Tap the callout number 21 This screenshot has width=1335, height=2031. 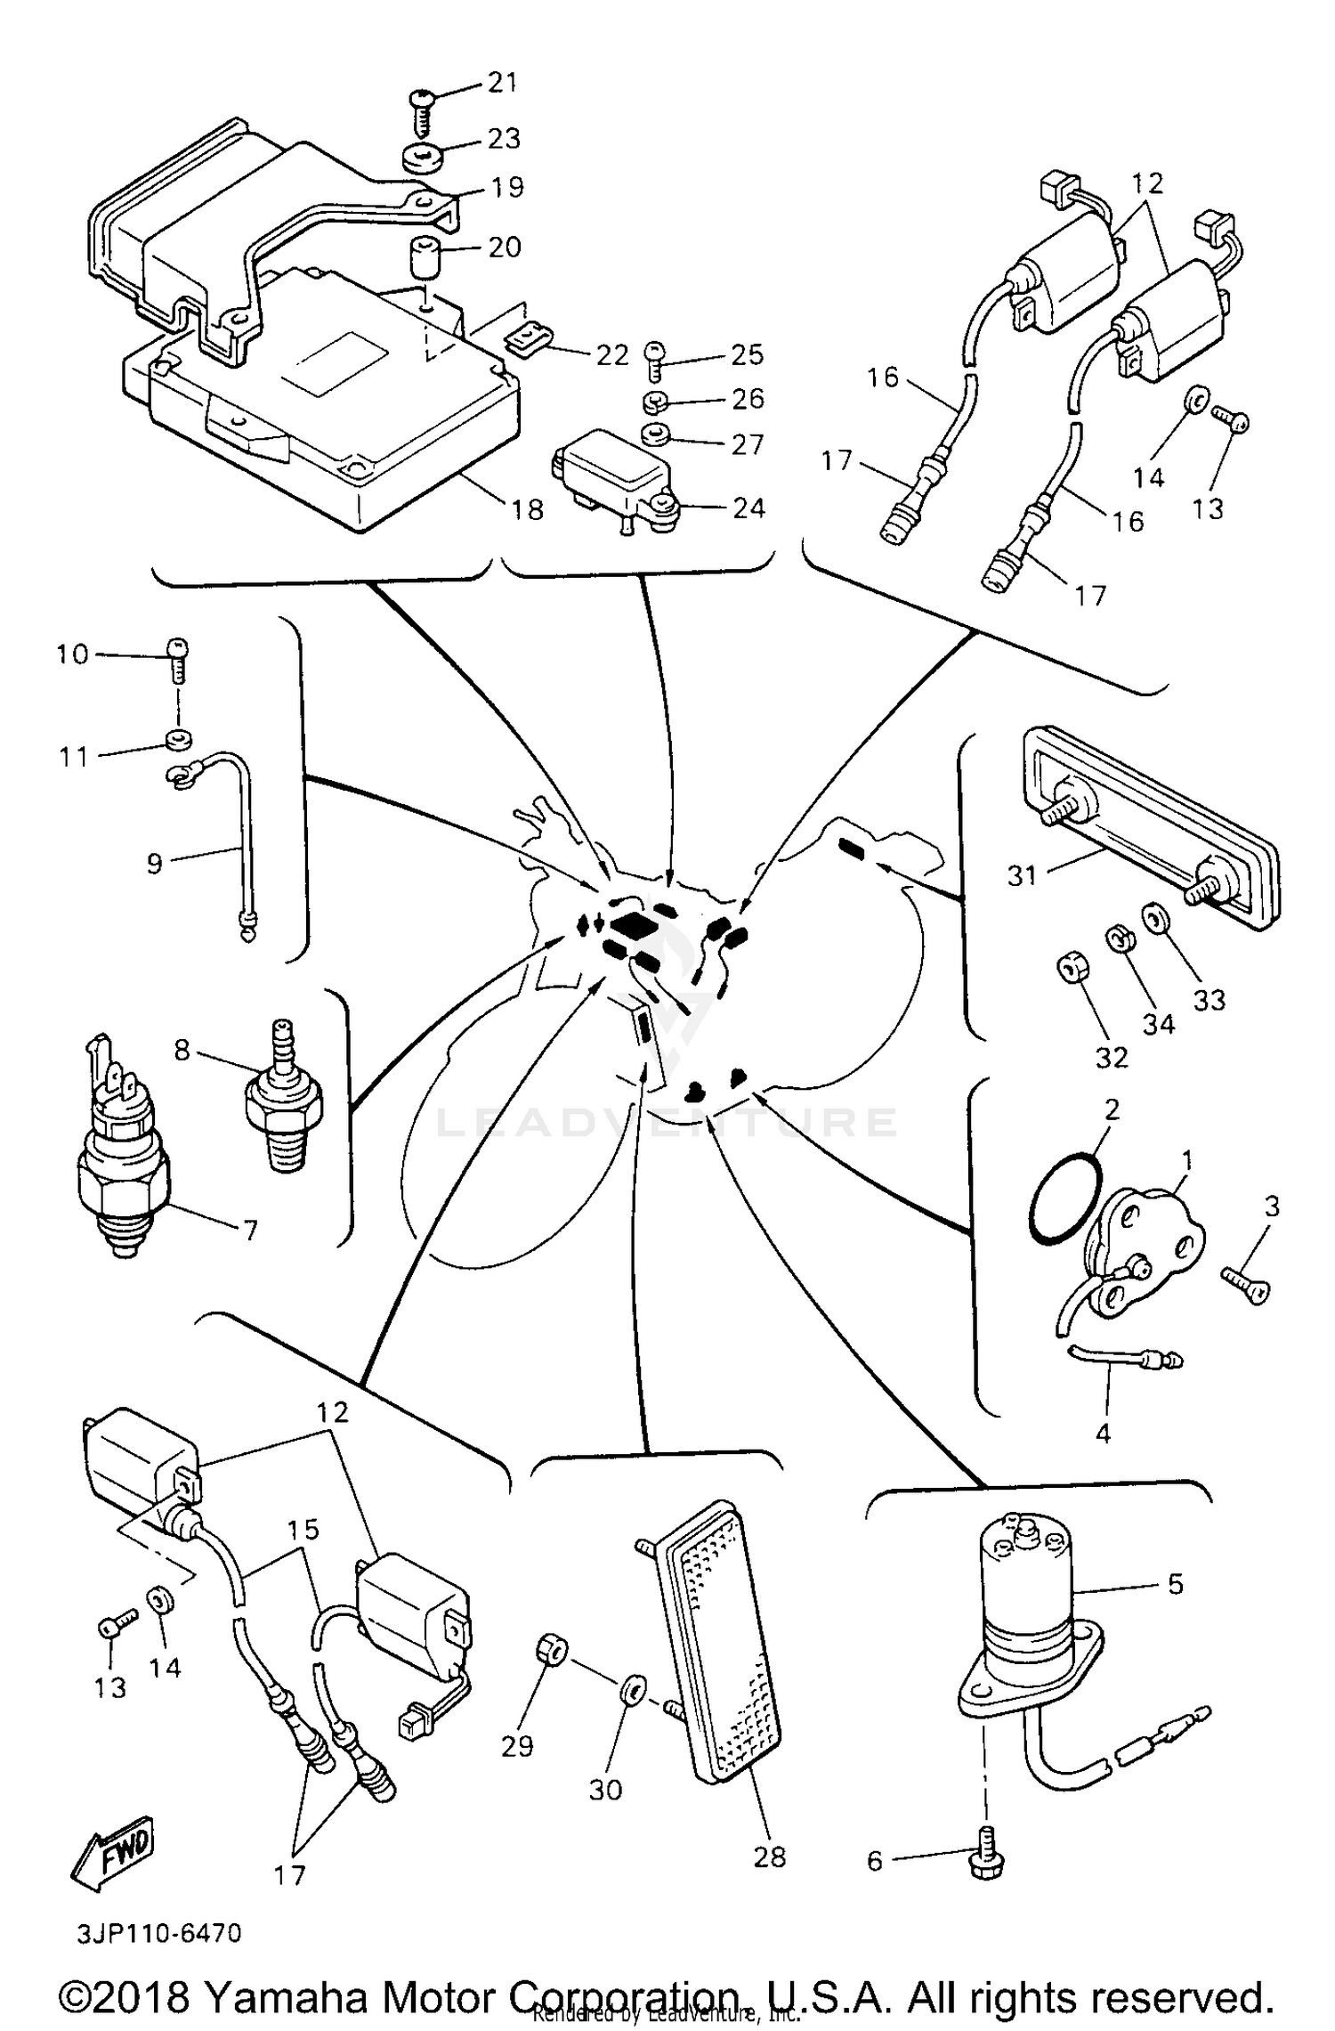click(503, 82)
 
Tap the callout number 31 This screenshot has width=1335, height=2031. click(1023, 875)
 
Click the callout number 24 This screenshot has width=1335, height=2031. click(748, 508)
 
